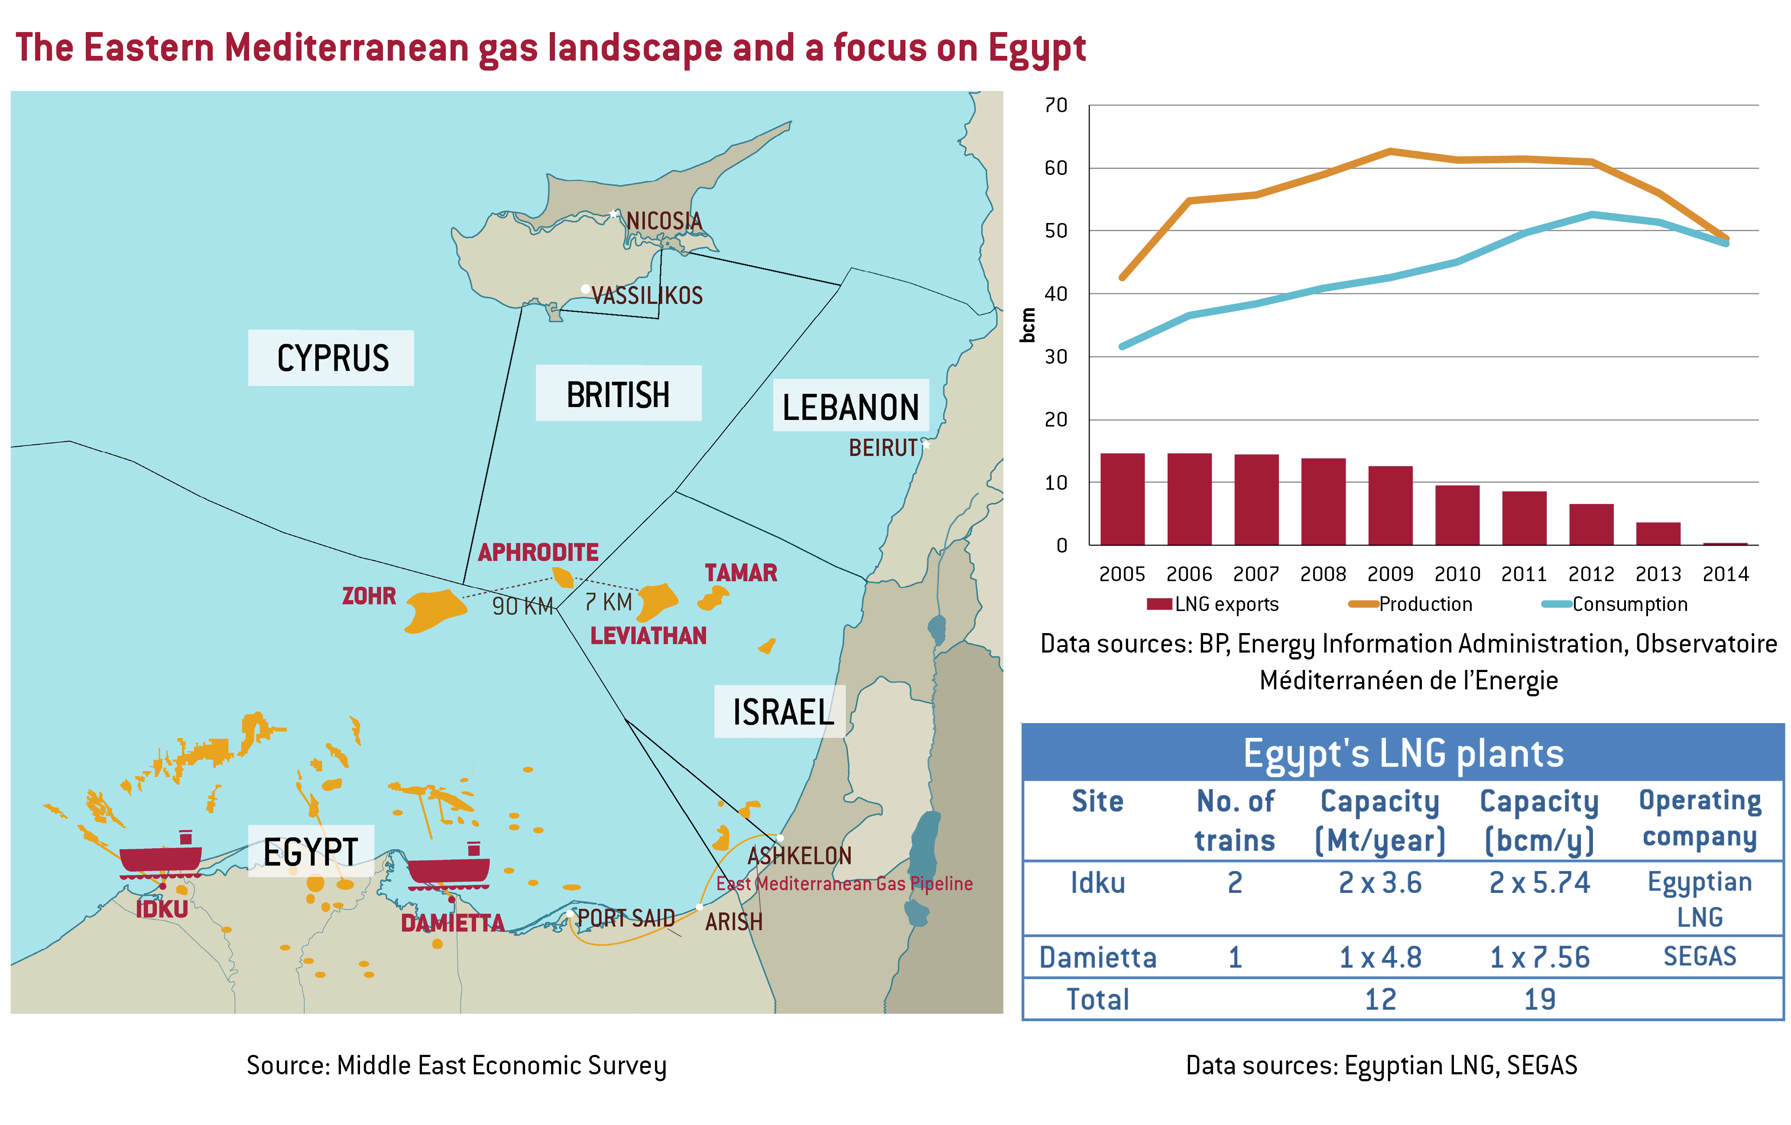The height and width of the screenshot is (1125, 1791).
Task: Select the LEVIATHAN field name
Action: [648, 636]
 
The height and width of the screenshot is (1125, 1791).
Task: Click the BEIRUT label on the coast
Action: [883, 448]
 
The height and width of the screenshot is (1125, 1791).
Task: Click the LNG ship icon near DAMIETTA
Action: [448, 866]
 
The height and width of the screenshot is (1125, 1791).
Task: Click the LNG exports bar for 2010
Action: [1457, 515]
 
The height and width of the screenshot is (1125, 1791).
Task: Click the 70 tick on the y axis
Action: [1056, 106]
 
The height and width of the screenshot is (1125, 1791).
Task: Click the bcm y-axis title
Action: [1028, 325]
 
